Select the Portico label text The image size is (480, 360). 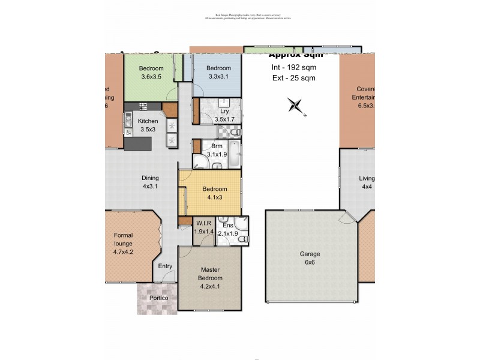[x=158, y=298]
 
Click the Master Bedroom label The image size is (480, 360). [x=211, y=274]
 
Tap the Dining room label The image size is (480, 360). [x=149, y=178]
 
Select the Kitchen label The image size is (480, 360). [x=148, y=121]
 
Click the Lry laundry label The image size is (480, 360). [x=224, y=111]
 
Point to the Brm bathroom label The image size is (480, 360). [x=217, y=146]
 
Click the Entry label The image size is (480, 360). [x=165, y=266]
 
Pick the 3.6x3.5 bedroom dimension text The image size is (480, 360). [x=152, y=77]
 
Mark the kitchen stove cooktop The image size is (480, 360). [x=143, y=107]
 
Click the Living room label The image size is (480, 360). [x=367, y=179]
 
